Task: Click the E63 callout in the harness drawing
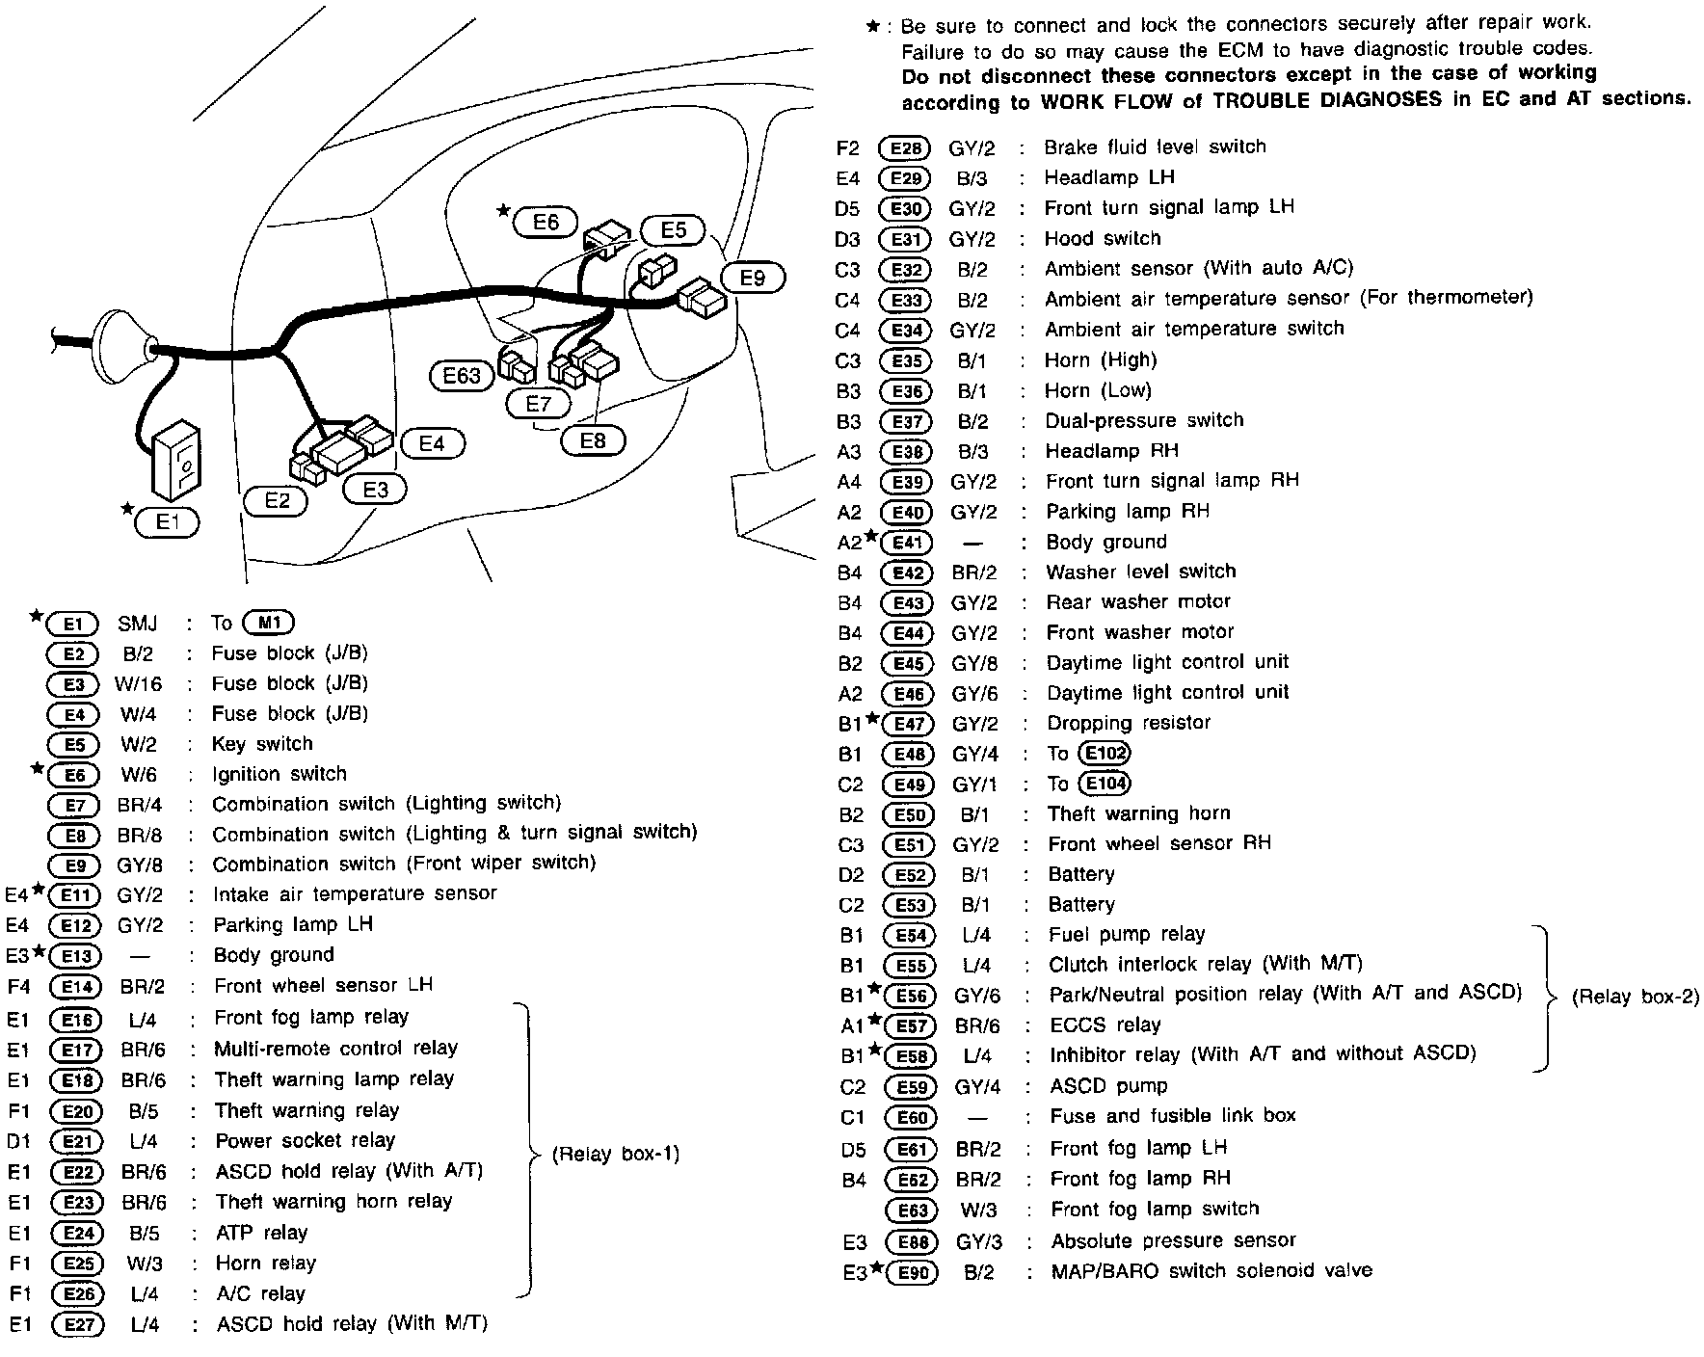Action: (462, 375)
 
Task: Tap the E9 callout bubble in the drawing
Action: (753, 278)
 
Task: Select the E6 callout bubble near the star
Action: (546, 223)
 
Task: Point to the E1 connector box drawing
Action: (174, 461)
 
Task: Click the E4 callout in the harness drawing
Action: (432, 443)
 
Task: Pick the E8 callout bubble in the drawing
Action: (593, 440)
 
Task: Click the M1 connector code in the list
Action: (269, 623)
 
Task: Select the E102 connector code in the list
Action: (1105, 753)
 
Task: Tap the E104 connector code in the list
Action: (1105, 784)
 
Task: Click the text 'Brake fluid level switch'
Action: (1155, 146)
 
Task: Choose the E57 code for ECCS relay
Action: (909, 1026)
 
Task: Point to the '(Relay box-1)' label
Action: (616, 1154)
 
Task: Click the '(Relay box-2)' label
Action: (1635, 998)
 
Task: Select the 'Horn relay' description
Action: (266, 1263)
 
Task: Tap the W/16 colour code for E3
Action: (139, 684)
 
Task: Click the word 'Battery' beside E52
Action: (1080, 874)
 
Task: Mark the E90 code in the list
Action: (911, 1273)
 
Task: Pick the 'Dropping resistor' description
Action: (1129, 723)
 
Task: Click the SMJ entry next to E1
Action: (138, 624)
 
